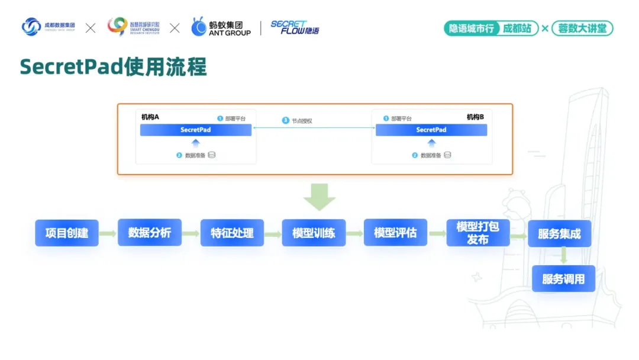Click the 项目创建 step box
[x=67, y=233]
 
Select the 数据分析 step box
[x=150, y=233]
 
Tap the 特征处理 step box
[x=232, y=233]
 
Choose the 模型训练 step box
[x=314, y=233]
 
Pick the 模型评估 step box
[x=395, y=233]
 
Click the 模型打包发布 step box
[x=477, y=233]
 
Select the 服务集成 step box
[x=559, y=233]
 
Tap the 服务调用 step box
[x=563, y=278]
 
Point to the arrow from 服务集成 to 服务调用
[x=564, y=255]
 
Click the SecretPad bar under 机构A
[x=196, y=130]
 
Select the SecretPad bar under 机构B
[x=431, y=130]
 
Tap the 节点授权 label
[x=301, y=121]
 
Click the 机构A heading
[x=150, y=117]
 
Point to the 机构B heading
[x=475, y=117]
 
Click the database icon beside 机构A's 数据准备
[x=212, y=155]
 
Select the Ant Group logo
[x=221, y=27]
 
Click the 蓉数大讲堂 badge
[x=582, y=28]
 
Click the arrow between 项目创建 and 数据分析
[x=108, y=233]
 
